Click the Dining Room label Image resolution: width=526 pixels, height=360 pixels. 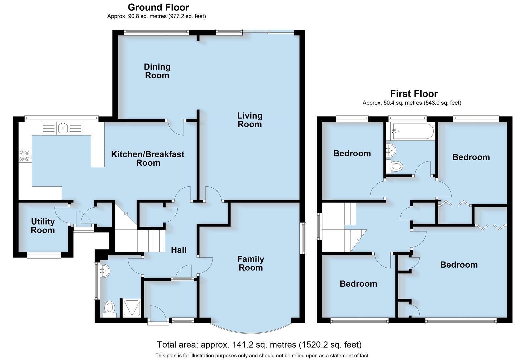click(157, 71)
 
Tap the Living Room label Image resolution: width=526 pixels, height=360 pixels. click(250, 120)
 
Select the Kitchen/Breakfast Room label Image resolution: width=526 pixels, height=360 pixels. click(148, 159)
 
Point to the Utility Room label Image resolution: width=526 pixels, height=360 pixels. click(43, 226)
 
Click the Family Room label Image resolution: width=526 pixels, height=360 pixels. click(251, 263)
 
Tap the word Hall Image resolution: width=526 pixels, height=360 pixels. click(179, 250)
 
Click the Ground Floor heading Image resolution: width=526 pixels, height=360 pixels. click(158, 7)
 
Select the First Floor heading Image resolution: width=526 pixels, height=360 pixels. click(414, 94)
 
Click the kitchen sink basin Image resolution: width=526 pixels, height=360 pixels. click(63, 128)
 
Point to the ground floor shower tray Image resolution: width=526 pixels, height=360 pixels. click(132, 308)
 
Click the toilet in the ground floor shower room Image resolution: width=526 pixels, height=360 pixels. click(110, 309)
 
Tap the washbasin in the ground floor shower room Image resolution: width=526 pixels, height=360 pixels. click(104, 271)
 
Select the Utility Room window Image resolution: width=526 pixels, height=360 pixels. click(44, 255)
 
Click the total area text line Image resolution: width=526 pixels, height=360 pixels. click(259, 345)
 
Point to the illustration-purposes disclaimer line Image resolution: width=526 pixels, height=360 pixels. click(262, 356)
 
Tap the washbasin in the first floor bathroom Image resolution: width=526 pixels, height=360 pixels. click(391, 150)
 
